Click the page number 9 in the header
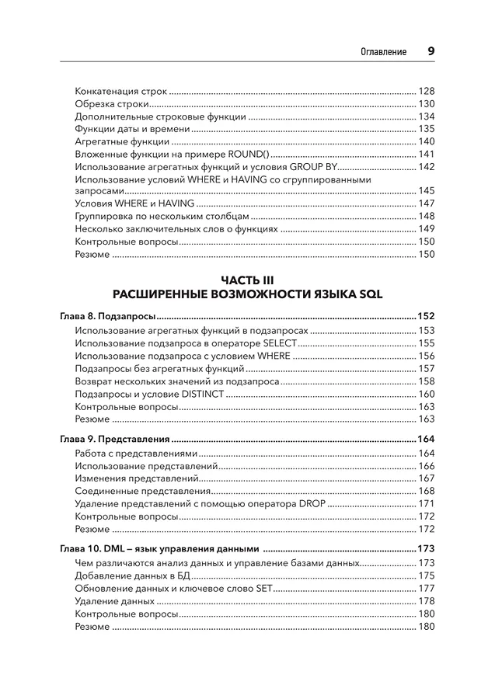[431, 52]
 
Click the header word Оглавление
[383, 53]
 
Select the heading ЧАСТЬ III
[247, 280]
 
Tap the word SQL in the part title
[370, 294]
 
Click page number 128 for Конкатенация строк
[426, 91]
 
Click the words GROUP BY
[313, 167]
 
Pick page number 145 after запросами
[426, 190]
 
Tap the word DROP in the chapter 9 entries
[312, 503]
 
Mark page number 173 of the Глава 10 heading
[425, 549]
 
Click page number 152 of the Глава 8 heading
[425, 317]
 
